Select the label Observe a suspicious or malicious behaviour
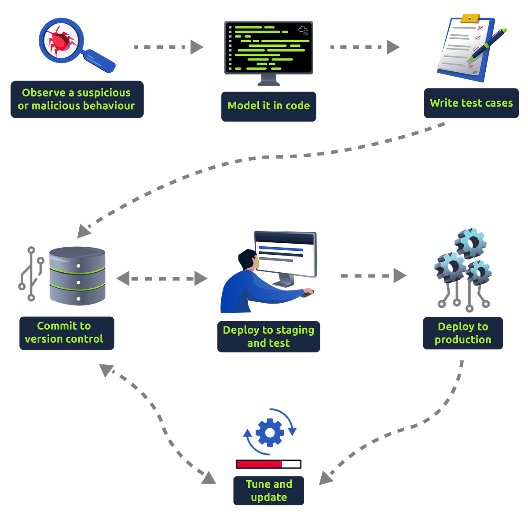[77, 99]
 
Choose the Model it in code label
[268, 106]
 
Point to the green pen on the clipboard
[488, 44]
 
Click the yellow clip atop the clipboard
[470, 18]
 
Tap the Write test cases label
[471, 103]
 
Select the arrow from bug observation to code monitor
[169, 47]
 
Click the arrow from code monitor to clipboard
[365, 47]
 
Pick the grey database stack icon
[77, 276]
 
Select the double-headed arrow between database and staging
[162, 278]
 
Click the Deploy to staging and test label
[268, 337]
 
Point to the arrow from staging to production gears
[373, 276]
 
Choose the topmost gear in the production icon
[471, 242]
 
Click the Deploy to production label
[463, 333]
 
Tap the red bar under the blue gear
[260, 464]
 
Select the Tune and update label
[268, 491]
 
